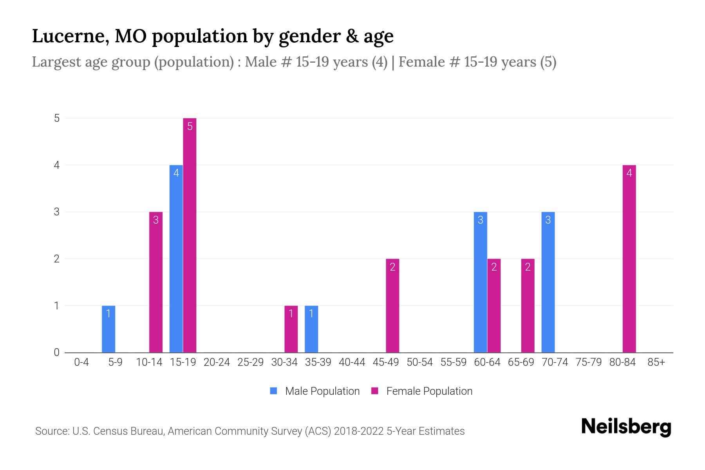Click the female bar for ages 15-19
click(190, 235)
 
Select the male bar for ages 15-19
click(176, 258)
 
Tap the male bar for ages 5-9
click(108, 329)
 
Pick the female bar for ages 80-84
click(629, 258)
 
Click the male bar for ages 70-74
click(548, 282)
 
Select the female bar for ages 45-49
click(392, 305)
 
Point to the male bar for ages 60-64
click(480, 282)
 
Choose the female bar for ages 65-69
click(528, 305)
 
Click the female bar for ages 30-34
click(291, 329)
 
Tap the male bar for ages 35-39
click(311, 329)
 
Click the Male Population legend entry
click(315, 391)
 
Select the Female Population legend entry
click(422, 391)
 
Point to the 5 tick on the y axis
click(57, 118)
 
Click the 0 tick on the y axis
click(57, 352)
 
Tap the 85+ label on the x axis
click(656, 362)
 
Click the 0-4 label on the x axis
click(81, 362)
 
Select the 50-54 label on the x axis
click(419, 362)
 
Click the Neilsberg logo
click(626, 427)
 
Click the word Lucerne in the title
click(69, 36)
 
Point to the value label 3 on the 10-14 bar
click(156, 220)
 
